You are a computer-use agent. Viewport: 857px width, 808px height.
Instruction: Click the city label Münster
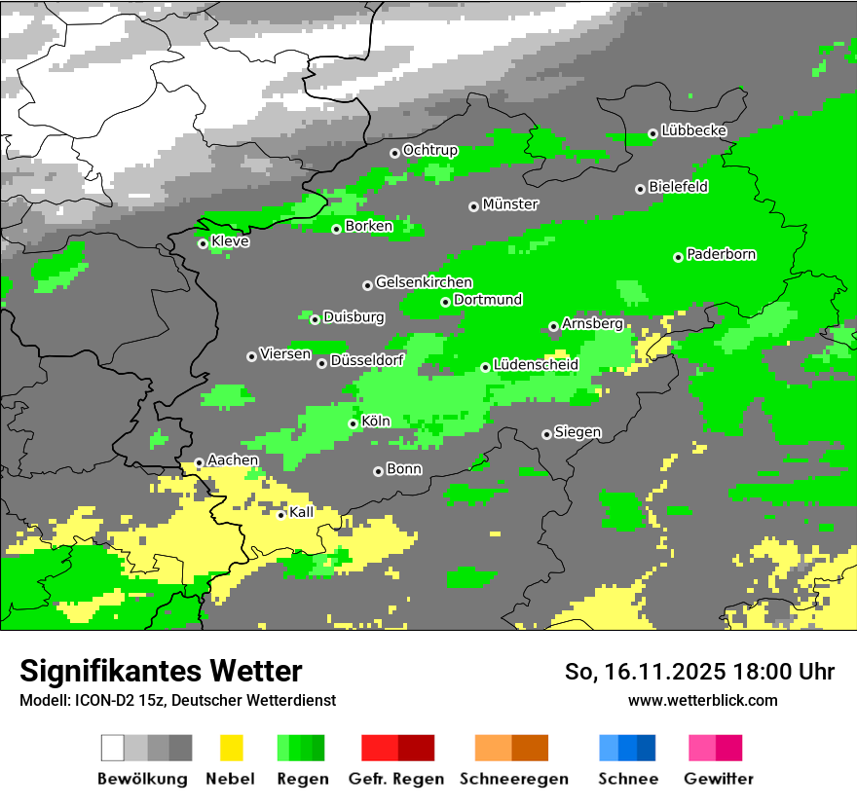click(x=510, y=204)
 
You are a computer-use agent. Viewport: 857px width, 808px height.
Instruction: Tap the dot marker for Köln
click(x=353, y=423)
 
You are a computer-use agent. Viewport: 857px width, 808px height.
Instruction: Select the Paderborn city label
click(x=721, y=255)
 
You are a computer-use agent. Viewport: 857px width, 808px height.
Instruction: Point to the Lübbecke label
click(x=693, y=130)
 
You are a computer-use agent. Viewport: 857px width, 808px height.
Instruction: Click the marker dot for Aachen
click(x=199, y=462)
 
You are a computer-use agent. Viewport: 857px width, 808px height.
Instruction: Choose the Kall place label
click(x=302, y=512)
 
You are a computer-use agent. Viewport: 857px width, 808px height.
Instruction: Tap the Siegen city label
click(x=578, y=432)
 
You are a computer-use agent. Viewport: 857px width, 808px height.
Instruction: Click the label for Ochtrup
click(x=429, y=151)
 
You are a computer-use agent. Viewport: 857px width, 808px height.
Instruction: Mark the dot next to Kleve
click(x=203, y=243)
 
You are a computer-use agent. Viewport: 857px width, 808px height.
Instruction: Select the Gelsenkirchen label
click(x=424, y=283)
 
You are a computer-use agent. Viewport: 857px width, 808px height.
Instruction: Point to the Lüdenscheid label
click(x=536, y=365)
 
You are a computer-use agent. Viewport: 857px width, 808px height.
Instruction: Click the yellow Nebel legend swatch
click(x=231, y=748)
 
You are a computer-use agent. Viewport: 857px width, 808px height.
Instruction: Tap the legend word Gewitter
click(x=719, y=779)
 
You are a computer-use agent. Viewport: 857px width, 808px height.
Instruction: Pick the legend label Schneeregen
click(x=514, y=779)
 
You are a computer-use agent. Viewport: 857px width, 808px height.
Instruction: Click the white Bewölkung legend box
click(x=113, y=748)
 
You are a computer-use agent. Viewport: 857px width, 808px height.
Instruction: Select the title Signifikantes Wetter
click(x=161, y=671)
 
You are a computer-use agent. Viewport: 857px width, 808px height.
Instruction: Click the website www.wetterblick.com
click(x=702, y=700)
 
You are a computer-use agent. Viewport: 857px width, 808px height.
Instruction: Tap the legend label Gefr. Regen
click(x=396, y=779)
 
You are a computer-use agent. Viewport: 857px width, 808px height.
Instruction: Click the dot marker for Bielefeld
click(x=640, y=189)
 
